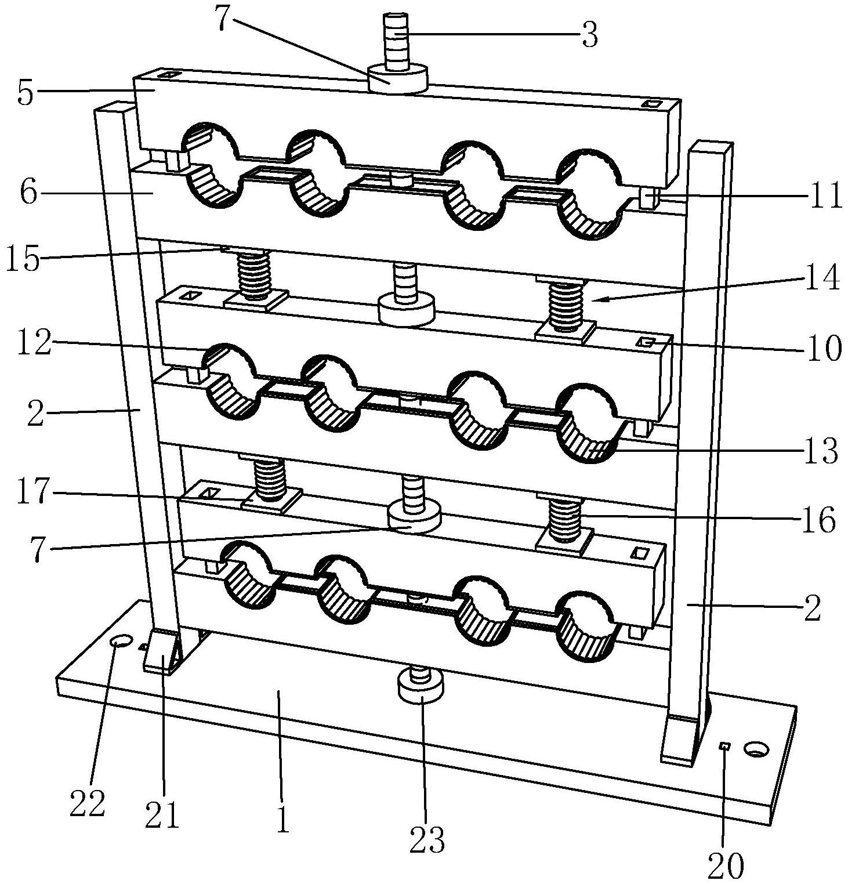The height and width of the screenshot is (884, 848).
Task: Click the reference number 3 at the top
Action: pyautogui.click(x=589, y=35)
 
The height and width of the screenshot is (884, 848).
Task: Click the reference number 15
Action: pyautogui.click(x=23, y=259)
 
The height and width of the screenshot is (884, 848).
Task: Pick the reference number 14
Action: pyautogui.click(x=823, y=278)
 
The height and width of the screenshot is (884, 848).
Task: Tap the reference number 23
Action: pyautogui.click(x=427, y=839)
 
